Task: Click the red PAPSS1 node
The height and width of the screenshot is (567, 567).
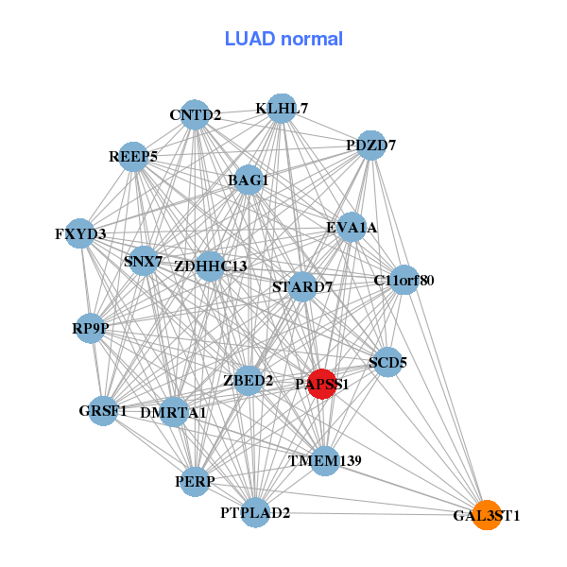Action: (x=322, y=384)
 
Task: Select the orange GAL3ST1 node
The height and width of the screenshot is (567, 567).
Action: (x=487, y=515)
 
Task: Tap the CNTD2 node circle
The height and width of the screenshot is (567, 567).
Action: (x=195, y=114)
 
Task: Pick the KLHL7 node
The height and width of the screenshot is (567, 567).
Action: (x=282, y=108)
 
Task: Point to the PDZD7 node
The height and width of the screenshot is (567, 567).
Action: (x=371, y=146)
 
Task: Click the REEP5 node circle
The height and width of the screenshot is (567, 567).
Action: (x=133, y=157)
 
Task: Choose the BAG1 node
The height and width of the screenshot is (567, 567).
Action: (x=248, y=180)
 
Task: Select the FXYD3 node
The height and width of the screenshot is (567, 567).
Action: (x=80, y=233)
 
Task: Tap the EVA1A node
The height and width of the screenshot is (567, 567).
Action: (x=352, y=227)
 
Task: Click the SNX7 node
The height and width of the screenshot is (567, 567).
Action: (x=144, y=261)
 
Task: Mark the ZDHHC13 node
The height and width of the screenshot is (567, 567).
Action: (x=210, y=266)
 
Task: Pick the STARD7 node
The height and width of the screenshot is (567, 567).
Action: (x=302, y=287)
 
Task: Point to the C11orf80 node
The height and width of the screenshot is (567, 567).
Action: (x=404, y=280)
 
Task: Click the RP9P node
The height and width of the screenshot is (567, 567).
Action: (x=90, y=328)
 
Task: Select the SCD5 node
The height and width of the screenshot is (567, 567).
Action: (x=387, y=362)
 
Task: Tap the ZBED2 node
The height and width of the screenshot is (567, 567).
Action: (x=249, y=381)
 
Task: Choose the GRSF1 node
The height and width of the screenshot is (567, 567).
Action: (x=103, y=411)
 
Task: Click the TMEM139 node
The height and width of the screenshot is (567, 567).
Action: (x=325, y=461)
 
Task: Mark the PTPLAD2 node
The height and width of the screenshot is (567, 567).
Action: (x=255, y=512)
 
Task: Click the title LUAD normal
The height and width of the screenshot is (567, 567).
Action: (x=283, y=39)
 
